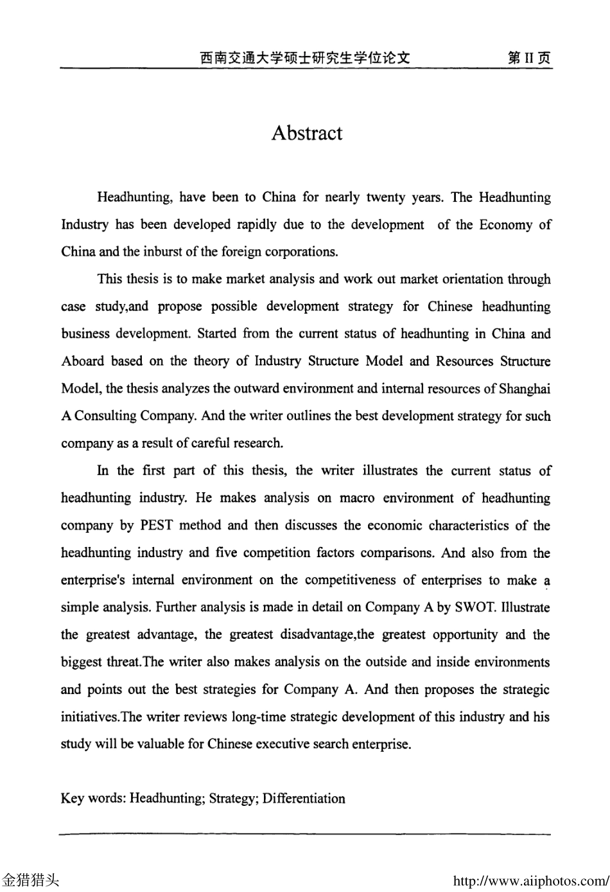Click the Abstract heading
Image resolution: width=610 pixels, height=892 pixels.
click(306, 133)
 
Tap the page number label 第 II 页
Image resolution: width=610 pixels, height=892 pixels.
click(528, 58)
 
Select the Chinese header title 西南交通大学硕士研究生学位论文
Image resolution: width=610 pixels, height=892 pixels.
click(304, 58)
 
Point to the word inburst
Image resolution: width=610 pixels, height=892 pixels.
click(162, 251)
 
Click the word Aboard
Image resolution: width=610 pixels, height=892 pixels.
click(82, 361)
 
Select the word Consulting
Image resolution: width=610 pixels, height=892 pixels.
click(105, 416)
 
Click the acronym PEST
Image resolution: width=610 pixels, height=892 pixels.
click(156, 525)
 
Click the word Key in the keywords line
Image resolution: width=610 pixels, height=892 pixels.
click(72, 798)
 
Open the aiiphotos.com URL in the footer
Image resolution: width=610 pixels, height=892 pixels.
click(530, 880)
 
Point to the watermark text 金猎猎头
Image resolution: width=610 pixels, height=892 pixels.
click(30, 880)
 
